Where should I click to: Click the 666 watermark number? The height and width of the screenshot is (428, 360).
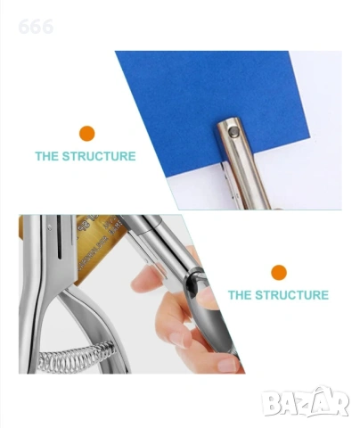pos(36,27)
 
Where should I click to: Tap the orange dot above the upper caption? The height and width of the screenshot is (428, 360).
pos(86,134)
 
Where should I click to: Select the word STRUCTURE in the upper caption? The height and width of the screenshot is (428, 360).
pos(99,156)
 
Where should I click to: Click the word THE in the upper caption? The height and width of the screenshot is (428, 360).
pos(47,156)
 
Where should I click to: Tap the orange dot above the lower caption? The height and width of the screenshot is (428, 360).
pos(279,273)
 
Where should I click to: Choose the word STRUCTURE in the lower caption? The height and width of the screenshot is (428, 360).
pos(291,295)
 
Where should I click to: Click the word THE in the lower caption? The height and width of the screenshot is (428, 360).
pos(240,295)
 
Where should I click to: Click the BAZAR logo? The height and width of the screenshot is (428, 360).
pos(306,402)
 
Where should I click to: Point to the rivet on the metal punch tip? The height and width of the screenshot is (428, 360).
pos(234,131)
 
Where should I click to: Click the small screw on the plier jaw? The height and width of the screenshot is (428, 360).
pos(49,227)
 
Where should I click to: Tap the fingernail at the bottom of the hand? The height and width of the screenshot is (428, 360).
pos(228,365)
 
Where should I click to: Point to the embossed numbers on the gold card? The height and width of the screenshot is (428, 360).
pos(95,231)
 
